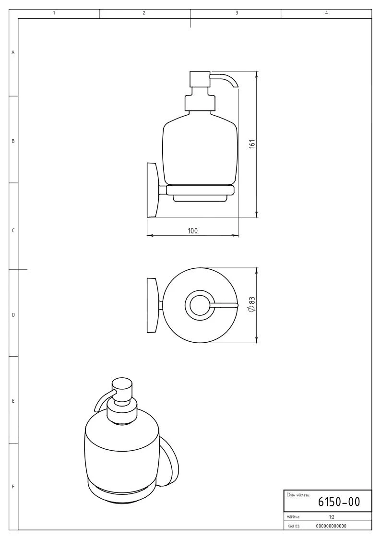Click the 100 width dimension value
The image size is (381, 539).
point(192,231)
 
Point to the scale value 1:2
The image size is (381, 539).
point(332,518)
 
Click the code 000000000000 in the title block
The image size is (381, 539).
point(332,526)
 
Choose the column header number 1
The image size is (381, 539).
point(54,13)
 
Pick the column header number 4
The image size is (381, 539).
point(326,13)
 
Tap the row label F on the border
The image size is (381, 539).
point(13,486)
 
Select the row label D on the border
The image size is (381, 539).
point(13,315)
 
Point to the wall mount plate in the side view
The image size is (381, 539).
point(153,190)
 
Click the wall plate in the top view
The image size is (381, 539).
point(152,305)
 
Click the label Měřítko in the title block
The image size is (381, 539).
point(293,518)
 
